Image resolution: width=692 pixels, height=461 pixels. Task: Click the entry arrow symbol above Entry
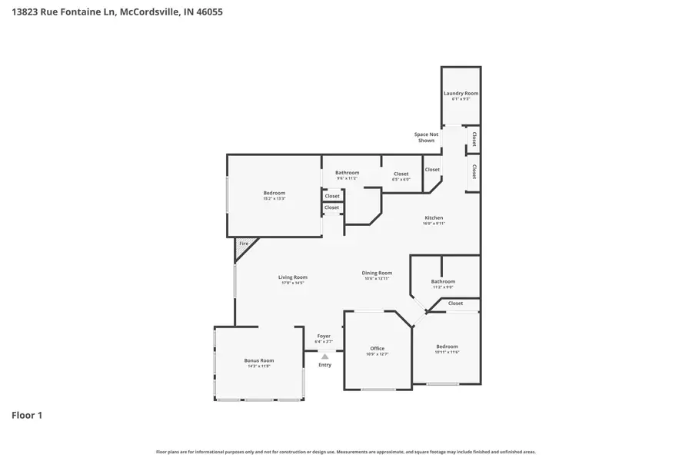[324, 357]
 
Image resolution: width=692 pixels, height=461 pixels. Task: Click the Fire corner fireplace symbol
[244, 244]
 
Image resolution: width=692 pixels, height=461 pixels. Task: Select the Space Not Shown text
[426, 137]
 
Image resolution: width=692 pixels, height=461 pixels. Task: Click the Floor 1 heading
[27, 415]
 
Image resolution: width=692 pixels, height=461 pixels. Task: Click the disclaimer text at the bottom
[346, 452]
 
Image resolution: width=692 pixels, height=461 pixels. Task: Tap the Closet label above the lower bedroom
[455, 303]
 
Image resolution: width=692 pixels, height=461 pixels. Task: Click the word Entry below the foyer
[324, 364]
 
